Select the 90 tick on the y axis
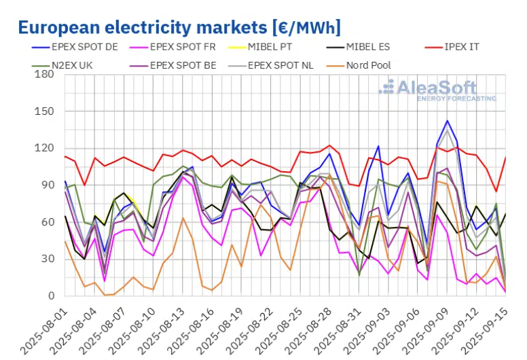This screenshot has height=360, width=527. (47, 185)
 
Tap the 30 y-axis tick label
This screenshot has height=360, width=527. (47, 259)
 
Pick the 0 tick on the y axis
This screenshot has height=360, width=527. (50, 296)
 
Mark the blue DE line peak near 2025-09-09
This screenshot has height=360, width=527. (447, 121)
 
